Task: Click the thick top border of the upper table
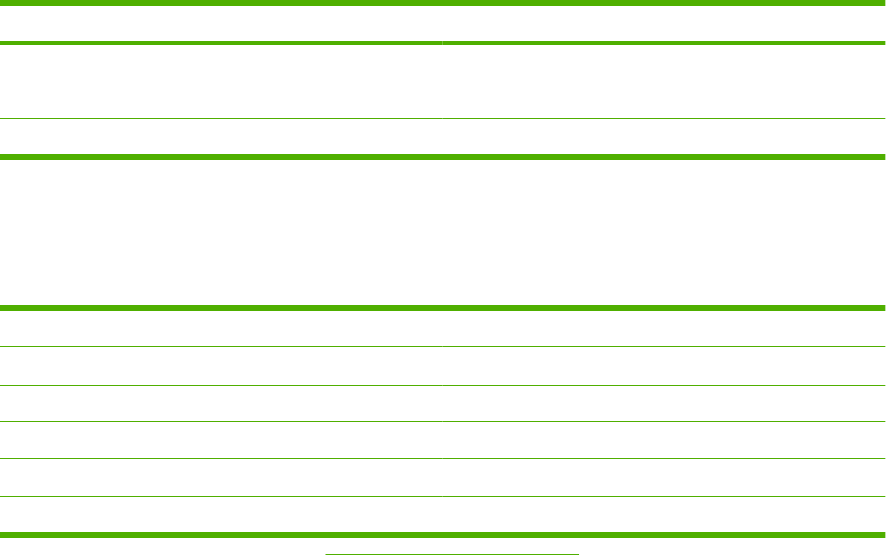[443, 3]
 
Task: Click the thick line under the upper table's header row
[443, 43]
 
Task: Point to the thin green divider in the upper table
[443, 120]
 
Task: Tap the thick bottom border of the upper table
[443, 156]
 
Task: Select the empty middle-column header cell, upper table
[553, 24]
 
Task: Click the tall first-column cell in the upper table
[221, 82]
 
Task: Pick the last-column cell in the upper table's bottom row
[775, 138]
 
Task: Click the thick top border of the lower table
[443, 308]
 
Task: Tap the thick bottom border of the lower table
[443, 534]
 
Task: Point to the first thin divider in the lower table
[443, 346]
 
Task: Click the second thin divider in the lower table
[443, 385]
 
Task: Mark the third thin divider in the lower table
[443, 422]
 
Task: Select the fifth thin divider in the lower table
[443, 497]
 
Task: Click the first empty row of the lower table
[443, 329]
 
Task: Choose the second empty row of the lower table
[443, 366]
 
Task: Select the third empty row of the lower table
[443, 403]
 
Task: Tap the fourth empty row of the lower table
[443, 441]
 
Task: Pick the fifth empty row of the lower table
[443, 478]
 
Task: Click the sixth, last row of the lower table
[443, 515]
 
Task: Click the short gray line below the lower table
[452, 553]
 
